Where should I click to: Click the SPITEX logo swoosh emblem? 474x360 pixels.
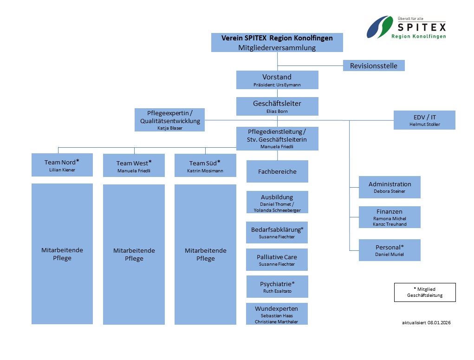point(380,27)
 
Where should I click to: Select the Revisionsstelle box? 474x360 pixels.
point(374,65)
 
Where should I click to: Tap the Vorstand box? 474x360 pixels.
point(277,80)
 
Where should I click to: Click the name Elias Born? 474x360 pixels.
point(277,111)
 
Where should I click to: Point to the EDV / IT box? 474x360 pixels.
point(424,120)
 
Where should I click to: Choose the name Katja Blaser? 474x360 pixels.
point(170,128)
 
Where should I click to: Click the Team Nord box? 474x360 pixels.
point(62,165)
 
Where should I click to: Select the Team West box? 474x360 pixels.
point(134,165)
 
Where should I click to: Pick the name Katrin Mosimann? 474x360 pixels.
point(205,171)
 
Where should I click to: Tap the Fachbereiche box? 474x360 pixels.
point(277,171)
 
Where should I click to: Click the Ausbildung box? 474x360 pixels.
point(277,202)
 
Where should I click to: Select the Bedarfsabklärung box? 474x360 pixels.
point(277,232)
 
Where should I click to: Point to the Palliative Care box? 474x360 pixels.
point(277,260)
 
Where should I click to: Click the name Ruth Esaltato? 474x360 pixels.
point(277,291)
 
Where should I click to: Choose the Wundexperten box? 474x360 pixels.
point(277,314)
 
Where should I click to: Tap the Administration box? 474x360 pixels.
point(390,187)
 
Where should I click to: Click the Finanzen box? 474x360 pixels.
point(390,217)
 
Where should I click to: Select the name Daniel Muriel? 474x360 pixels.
point(390,255)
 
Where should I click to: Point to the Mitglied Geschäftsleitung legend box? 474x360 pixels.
point(425,292)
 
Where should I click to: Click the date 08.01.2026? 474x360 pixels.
point(439,322)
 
